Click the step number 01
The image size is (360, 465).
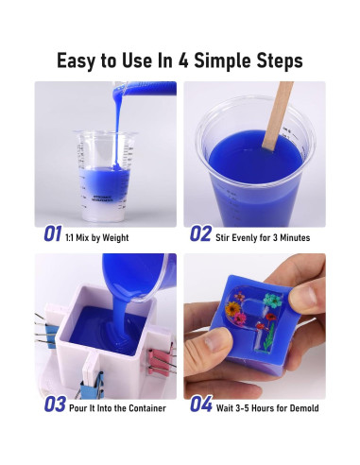tap(52, 233)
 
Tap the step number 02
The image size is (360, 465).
tap(200, 233)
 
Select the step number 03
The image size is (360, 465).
tap(55, 405)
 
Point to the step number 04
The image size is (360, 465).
tap(201, 405)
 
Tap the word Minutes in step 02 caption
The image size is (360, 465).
tap(295, 237)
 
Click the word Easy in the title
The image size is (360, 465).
tap(76, 61)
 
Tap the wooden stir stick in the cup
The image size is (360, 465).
tap(276, 115)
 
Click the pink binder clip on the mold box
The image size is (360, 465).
tap(160, 358)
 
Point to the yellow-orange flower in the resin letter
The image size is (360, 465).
tap(232, 308)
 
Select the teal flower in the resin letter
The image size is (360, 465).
tap(273, 301)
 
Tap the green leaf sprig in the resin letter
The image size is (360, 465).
tap(268, 339)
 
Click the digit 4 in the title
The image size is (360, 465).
tap(183, 60)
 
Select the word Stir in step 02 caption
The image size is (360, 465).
tap(222, 237)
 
